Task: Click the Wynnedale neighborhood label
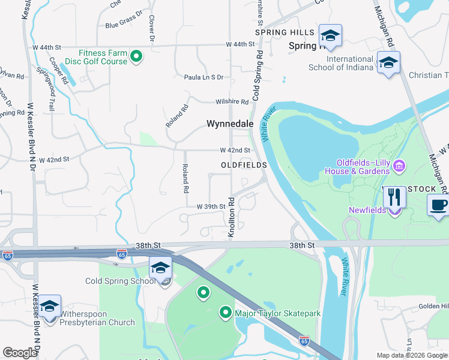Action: click(231, 124)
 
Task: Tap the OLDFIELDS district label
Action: click(243, 164)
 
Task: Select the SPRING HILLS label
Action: click(285, 32)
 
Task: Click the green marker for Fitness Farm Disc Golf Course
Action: click(136, 57)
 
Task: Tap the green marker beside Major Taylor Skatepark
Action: click(226, 312)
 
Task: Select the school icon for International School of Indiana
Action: click(388, 63)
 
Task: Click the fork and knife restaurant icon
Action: click(394, 197)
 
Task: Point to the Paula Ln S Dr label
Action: click(203, 77)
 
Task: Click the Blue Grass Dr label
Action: click(124, 25)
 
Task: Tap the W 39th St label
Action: click(210, 206)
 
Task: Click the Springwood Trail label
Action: click(46, 90)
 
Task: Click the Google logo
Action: click(20, 353)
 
